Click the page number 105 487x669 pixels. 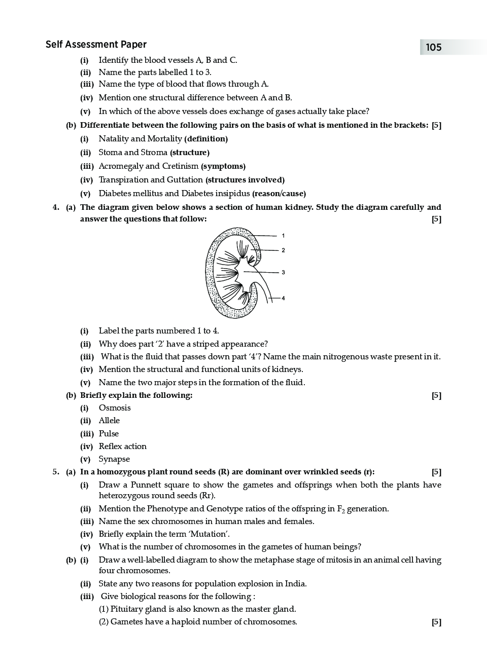[434, 48]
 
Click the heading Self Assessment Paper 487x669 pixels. [96, 45]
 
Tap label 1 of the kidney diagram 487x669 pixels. [283, 236]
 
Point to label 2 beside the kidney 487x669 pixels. [283, 250]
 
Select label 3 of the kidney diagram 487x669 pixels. [283, 273]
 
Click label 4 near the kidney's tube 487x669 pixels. [283, 298]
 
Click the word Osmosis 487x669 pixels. [115, 408]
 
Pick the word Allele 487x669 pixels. [109, 421]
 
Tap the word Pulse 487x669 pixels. [109, 434]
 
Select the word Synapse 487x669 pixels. [114, 459]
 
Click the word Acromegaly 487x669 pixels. [121, 166]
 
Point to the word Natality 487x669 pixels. [114, 139]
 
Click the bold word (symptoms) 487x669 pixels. [223, 166]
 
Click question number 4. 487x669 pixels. [56, 207]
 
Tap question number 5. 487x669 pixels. [56, 472]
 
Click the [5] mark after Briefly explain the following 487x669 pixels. [436, 395]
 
